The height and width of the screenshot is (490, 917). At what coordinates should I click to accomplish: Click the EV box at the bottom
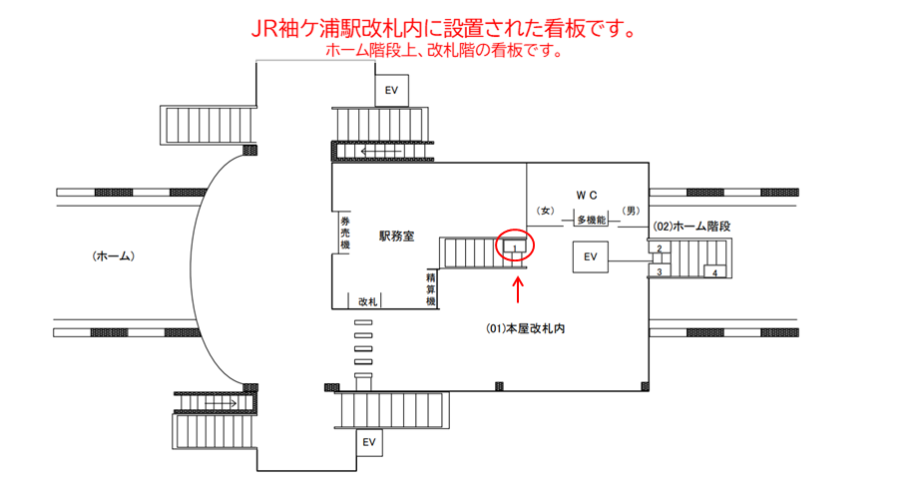click(x=368, y=441)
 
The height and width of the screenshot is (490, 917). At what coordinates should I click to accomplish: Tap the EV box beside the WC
click(x=590, y=257)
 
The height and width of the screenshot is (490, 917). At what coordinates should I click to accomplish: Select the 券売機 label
click(x=345, y=235)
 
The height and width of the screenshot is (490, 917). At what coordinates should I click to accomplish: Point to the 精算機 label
click(x=431, y=288)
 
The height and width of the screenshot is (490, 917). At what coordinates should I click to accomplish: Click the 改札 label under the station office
click(x=368, y=300)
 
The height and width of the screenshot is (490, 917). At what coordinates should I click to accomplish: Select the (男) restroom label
click(x=630, y=211)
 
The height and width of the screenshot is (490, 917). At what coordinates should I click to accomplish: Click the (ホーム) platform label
click(x=114, y=256)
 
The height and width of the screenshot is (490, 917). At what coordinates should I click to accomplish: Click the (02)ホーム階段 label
click(x=692, y=227)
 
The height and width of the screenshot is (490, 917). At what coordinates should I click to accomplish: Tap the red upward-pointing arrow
click(x=518, y=288)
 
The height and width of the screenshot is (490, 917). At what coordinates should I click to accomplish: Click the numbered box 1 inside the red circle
click(x=514, y=245)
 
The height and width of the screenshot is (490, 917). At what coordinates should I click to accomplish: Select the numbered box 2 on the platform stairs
click(x=660, y=248)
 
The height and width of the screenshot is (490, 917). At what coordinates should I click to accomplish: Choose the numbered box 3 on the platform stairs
click(x=660, y=270)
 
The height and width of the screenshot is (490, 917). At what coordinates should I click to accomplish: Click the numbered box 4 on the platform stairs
click(x=714, y=271)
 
